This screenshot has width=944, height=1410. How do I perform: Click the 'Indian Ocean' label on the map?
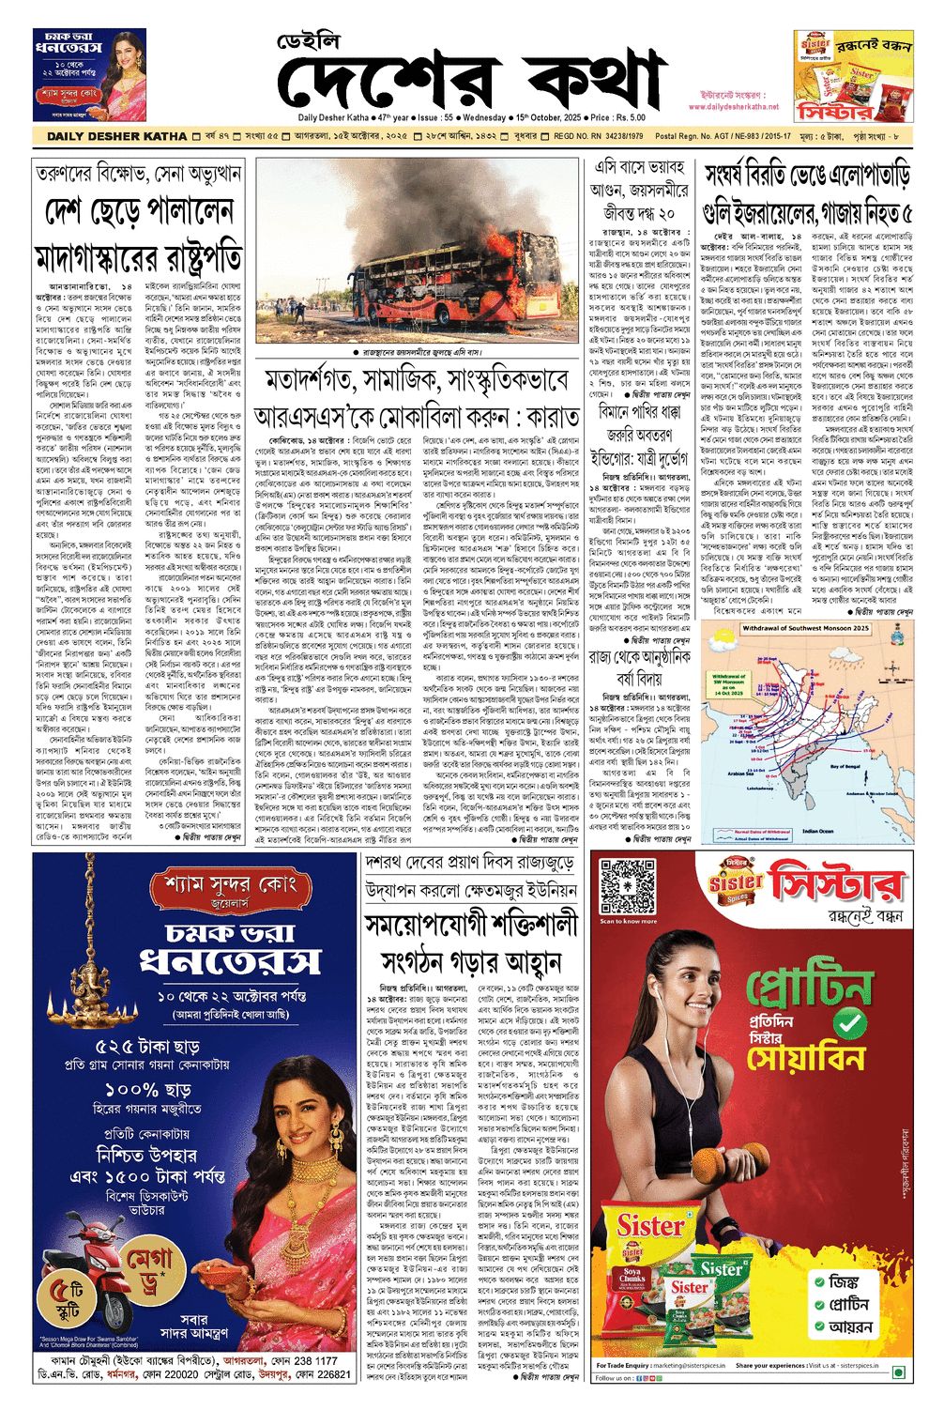[816, 831]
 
